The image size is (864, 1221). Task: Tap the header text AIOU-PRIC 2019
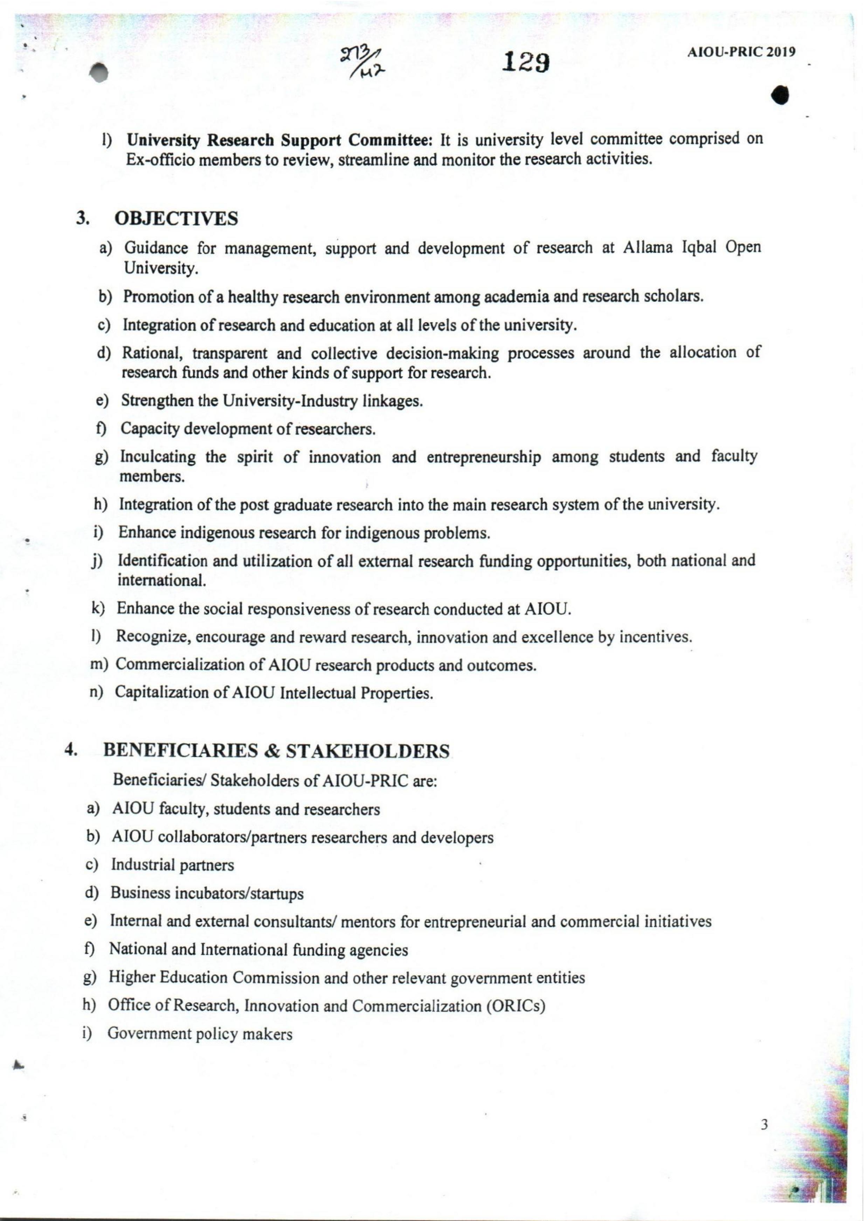click(x=741, y=52)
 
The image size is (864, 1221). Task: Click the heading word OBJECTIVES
click(x=177, y=218)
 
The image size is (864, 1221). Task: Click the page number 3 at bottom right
click(x=765, y=1125)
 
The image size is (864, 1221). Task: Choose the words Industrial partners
click(x=172, y=865)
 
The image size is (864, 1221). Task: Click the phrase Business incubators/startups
click(x=207, y=893)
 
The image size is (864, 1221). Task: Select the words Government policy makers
click(x=200, y=1033)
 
